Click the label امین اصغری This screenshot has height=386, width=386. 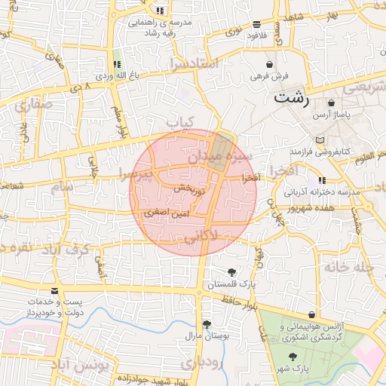coord(161,213)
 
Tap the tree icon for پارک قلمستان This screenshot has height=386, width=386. coord(231,272)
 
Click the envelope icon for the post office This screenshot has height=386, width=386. coord(54,290)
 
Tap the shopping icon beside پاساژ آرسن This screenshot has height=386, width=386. coord(331,103)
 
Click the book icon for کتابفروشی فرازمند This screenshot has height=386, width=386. coord(321,140)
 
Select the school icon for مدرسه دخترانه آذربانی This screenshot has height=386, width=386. coord(323,180)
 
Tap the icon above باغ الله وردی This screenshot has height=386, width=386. coord(117,65)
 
